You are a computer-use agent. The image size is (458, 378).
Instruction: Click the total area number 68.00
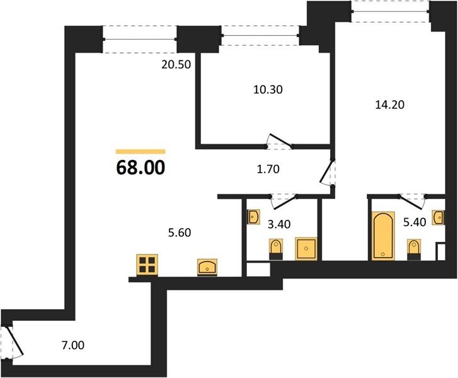(140, 168)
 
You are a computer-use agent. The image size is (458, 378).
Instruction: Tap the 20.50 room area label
(176, 65)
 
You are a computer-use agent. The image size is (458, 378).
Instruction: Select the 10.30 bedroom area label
(268, 89)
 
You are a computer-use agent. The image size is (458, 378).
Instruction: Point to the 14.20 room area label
(390, 105)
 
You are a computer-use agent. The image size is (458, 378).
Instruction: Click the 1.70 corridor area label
(268, 169)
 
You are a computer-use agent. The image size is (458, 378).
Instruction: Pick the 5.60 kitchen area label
(180, 233)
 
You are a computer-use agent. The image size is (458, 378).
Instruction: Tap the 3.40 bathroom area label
(279, 224)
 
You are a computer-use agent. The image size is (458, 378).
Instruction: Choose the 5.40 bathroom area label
(415, 222)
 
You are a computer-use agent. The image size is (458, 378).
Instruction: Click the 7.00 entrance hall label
(72, 345)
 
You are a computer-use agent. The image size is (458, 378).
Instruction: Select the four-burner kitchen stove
(147, 265)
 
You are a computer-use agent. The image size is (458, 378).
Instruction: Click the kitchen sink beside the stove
(207, 267)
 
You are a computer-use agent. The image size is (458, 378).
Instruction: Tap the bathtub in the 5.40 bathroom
(383, 236)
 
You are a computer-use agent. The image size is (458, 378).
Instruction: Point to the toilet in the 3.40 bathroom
(276, 249)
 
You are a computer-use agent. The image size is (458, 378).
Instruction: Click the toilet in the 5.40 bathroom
(414, 249)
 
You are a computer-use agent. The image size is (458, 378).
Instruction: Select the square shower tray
(306, 248)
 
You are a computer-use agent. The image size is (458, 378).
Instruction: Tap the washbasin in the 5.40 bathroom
(439, 217)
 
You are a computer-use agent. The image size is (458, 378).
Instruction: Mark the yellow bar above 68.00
(140, 151)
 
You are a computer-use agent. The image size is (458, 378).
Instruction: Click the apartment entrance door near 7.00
(14, 342)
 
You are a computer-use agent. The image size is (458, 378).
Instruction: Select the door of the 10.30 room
(280, 140)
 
